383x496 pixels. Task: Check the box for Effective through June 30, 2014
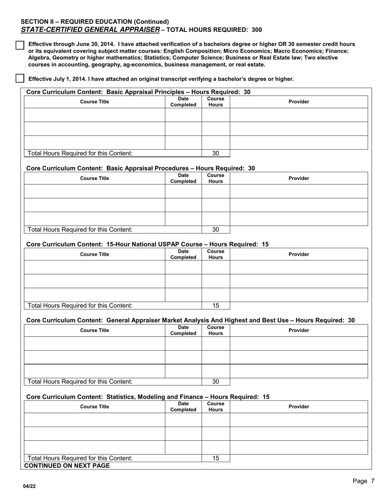[20, 45]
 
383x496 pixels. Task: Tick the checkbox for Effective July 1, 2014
[20, 79]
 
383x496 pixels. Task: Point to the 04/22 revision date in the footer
[29, 486]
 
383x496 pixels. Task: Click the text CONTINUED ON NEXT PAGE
[67, 466]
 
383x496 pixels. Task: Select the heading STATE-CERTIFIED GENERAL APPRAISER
[90, 29]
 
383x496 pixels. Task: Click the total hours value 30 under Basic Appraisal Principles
[216, 153]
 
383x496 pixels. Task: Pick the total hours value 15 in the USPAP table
[216, 306]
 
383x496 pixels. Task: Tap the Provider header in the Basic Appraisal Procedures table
[299, 178]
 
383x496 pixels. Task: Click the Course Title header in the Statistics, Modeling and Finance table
[94, 407]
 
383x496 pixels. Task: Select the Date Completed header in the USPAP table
[183, 254]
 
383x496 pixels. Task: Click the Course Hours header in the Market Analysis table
[216, 331]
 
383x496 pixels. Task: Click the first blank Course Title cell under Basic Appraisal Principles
[94, 115]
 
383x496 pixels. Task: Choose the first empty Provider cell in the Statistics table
[299, 420]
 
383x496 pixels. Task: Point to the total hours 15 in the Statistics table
[216, 458]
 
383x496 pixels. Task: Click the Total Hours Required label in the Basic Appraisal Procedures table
[79, 230]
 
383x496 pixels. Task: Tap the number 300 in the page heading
[256, 30]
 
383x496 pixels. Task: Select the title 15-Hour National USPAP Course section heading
[147, 244]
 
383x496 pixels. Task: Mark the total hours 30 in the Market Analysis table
[216, 382]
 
